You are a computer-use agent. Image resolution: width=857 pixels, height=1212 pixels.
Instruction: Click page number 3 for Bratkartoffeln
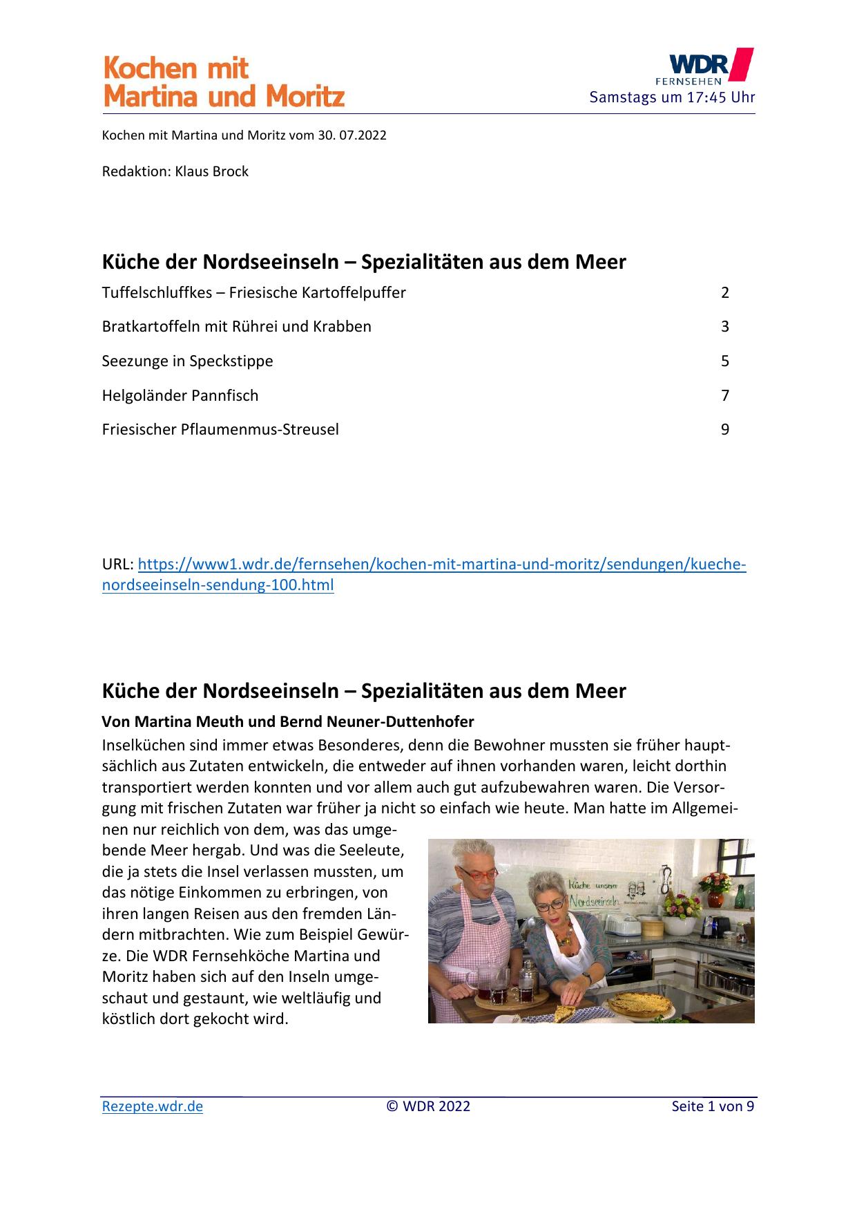(x=724, y=326)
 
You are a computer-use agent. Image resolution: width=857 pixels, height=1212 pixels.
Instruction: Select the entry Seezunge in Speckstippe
(x=187, y=361)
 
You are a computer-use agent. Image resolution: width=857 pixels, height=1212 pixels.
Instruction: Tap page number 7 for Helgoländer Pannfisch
(x=724, y=395)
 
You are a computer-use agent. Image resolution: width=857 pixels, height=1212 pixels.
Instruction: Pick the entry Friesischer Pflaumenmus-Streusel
(x=220, y=429)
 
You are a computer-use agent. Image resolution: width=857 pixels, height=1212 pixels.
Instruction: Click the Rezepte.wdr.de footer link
(x=153, y=1106)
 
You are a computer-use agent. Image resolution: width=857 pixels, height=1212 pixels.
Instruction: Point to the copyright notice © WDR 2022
(x=428, y=1106)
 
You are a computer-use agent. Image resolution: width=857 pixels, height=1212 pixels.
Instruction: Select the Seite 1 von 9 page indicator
(x=713, y=1106)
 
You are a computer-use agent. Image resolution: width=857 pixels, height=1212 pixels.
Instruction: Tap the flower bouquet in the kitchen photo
(x=715, y=881)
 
